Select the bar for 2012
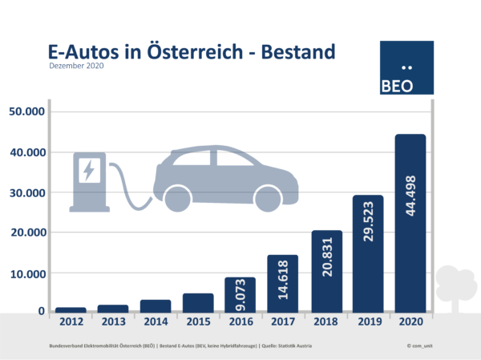pos(71,309)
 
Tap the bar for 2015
pos(198,302)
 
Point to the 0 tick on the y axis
pos(40,311)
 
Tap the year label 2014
pos(156,324)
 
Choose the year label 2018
pos(326,324)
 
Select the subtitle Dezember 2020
pos(77,67)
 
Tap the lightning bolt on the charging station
pos(89,169)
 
